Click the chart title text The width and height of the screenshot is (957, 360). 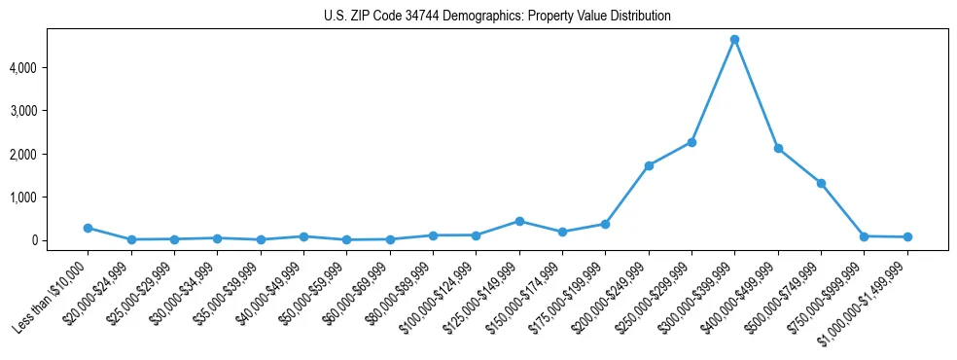497,17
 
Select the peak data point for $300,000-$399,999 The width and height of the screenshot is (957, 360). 734,40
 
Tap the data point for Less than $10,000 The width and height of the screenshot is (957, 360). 88,228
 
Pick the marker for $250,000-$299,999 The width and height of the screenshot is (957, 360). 691,142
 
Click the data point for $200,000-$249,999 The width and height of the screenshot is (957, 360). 649,165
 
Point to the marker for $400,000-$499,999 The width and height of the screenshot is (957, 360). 778,148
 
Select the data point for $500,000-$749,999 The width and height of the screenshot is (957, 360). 821,183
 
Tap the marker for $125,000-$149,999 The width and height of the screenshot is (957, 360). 519,221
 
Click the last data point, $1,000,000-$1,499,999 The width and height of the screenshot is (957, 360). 907,236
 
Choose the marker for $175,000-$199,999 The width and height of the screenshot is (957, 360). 605,224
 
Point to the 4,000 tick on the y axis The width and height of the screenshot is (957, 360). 50,68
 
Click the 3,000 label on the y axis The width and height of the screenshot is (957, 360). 50,111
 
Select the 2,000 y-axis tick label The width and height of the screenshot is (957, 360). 50,154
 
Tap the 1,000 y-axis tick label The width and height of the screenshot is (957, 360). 50,198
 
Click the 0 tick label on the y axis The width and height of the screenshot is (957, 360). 60,240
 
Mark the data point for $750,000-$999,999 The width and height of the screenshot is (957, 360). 865,236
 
